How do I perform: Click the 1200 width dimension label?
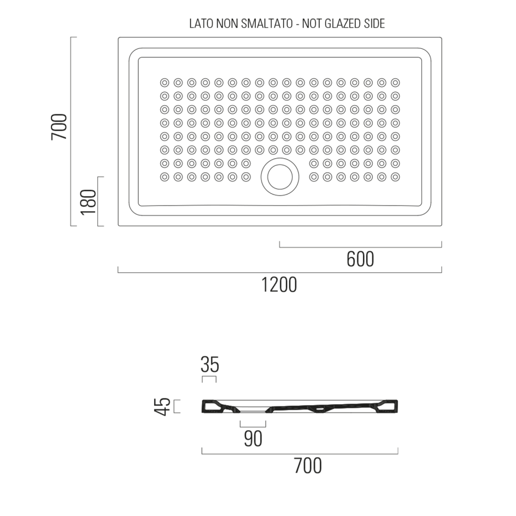[x=279, y=285]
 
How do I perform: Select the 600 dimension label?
[x=360, y=260]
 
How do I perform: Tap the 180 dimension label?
[x=88, y=202]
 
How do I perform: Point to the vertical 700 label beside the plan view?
[x=59, y=126]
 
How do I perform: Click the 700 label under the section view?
[x=308, y=466]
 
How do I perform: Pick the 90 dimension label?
[x=253, y=439]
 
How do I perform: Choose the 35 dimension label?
[x=210, y=365]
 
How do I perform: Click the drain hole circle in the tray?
[x=280, y=177]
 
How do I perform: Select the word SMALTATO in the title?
[x=267, y=24]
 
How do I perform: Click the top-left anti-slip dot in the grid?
[x=165, y=82]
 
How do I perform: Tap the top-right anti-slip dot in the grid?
[x=395, y=82]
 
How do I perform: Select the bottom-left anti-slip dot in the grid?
[x=165, y=177]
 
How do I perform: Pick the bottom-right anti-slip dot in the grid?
[x=395, y=177]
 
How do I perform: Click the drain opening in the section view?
[x=253, y=411]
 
